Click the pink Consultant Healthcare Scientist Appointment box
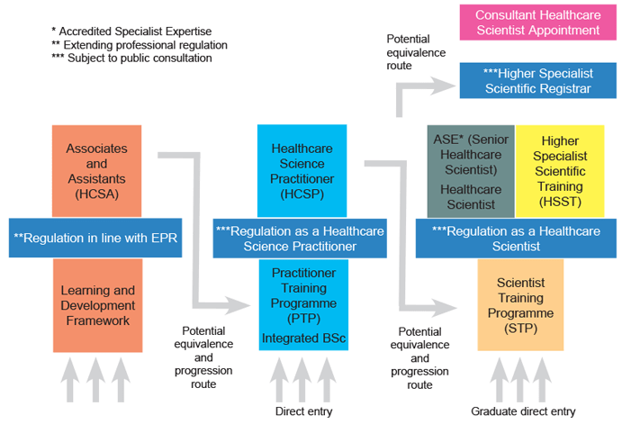538,23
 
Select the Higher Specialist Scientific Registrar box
538,80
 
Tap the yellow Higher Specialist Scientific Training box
560,170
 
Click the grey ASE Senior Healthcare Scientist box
470,171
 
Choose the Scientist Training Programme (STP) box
520,304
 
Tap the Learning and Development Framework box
97,305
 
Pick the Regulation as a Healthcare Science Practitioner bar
300,239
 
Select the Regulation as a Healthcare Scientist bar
516,239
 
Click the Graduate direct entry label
523,412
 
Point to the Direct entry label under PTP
304,412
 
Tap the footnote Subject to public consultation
131,59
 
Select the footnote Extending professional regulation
140,44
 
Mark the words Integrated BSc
303,338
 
